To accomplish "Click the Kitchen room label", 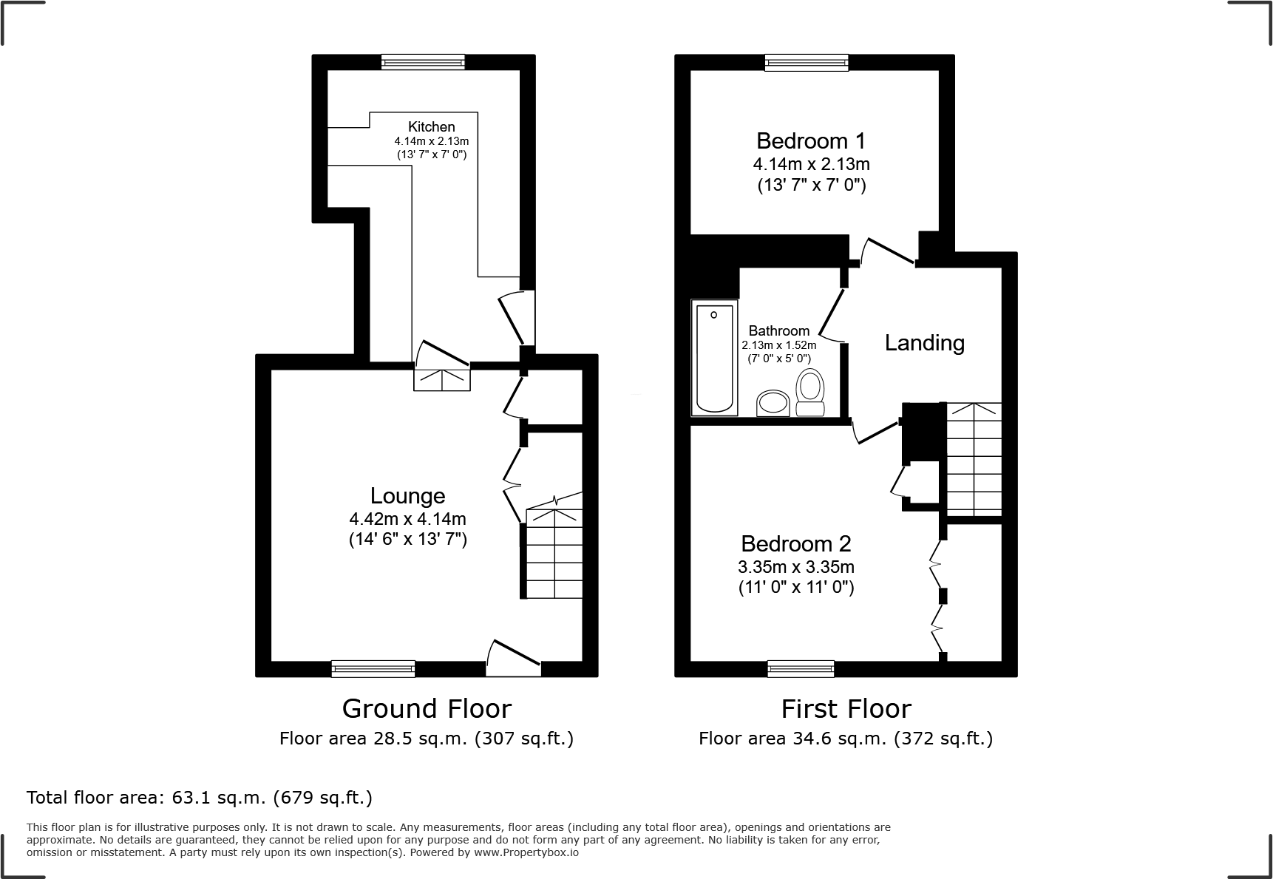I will pyautogui.click(x=431, y=127).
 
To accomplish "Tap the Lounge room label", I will pyautogui.click(x=407, y=496).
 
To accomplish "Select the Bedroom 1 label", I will pyautogui.click(x=810, y=140).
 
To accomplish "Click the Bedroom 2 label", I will pyautogui.click(x=795, y=544).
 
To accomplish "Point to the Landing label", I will pyautogui.click(x=924, y=343).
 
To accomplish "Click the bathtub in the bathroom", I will pyautogui.click(x=714, y=357).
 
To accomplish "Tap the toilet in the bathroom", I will pyautogui.click(x=810, y=393).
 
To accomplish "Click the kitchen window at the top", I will pyautogui.click(x=423, y=63).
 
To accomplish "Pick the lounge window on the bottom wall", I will pyautogui.click(x=373, y=669).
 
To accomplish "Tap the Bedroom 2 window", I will pyautogui.click(x=801, y=669).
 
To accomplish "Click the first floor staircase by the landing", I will pyautogui.click(x=974, y=459).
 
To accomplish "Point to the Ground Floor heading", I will pyautogui.click(x=427, y=709).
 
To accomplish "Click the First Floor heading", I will pyautogui.click(x=846, y=709).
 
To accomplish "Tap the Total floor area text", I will pyautogui.click(x=199, y=798).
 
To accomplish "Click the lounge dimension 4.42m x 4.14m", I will pyautogui.click(x=407, y=519).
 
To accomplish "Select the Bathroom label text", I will pyautogui.click(x=778, y=330).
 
